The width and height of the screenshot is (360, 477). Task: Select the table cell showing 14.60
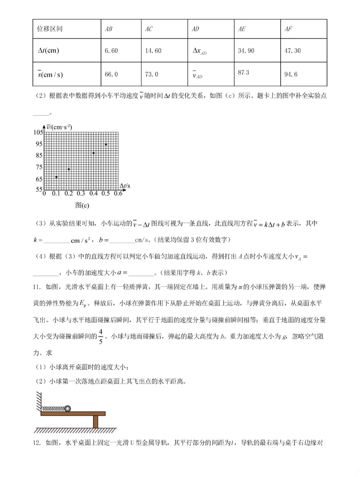pyautogui.click(x=153, y=51)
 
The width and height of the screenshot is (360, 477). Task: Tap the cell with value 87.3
pyautogui.click(x=243, y=73)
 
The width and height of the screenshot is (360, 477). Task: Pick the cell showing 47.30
pyautogui.click(x=292, y=51)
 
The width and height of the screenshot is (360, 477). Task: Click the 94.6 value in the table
pyautogui.click(x=291, y=74)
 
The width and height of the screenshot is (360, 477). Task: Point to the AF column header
pyautogui.click(x=288, y=29)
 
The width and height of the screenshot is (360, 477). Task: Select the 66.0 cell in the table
pyautogui.click(x=111, y=74)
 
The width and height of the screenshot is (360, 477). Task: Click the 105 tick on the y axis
pyautogui.click(x=38, y=132)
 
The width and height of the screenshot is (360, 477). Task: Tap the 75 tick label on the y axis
pyautogui.click(x=39, y=167)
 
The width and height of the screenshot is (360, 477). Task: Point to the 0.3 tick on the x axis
pyautogui.click(x=81, y=193)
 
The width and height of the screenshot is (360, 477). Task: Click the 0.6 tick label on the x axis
pyautogui.click(x=118, y=193)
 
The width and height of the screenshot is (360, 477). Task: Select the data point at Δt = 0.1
pyautogui.click(x=56, y=177)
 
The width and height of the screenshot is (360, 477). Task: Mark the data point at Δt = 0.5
pyautogui.click(x=106, y=144)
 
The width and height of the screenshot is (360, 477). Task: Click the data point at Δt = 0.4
pyautogui.click(x=94, y=153)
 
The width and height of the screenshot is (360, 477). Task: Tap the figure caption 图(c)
pyautogui.click(x=82, y=205)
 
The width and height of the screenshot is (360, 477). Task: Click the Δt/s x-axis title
pyautogui.click(x=125, y=186)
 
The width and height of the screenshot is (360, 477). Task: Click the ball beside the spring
pyautogui.click(x=68, y=409)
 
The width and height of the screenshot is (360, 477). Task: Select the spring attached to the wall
pyautogui.click(x=53, y=409)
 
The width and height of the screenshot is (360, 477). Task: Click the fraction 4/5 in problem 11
pyautogui.click(x=101, y=336)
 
